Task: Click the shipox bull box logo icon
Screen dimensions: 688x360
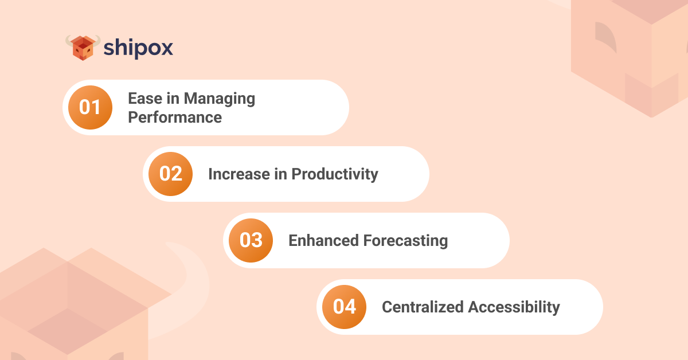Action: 83,48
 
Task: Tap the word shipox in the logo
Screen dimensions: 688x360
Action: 138,48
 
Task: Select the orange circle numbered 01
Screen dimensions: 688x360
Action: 91,108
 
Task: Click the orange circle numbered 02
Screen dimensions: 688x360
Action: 171,174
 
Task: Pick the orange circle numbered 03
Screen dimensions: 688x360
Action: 251,241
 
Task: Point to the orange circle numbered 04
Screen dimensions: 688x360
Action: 345,307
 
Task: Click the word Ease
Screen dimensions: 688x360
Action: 145,99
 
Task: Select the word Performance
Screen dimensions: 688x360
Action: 175,118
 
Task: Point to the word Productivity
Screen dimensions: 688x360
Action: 335,175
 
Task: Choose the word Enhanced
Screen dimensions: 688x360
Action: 323,241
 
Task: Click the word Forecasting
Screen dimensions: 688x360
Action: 405,241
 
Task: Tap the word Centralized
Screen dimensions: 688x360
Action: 423,307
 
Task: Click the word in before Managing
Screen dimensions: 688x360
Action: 173,99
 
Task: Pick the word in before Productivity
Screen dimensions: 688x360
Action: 281,174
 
